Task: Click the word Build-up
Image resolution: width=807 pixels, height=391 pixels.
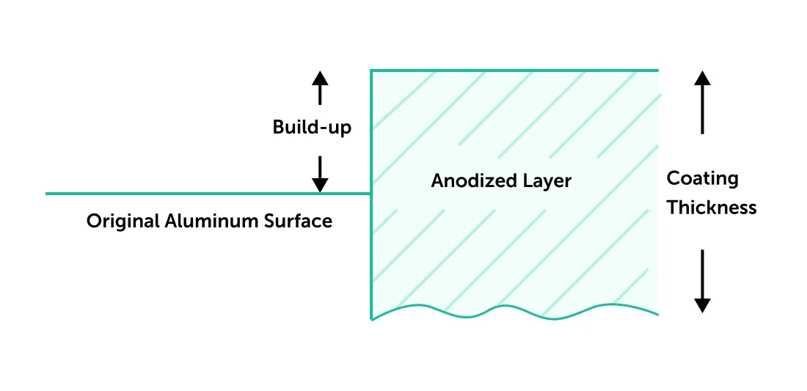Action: [x=312, y=128]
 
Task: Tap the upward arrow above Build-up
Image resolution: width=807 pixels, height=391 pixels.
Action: [x=320, y=88]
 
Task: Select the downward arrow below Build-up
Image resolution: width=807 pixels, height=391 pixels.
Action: [x=320, y=173]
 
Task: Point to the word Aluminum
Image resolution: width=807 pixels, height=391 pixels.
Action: [x=202, y=221]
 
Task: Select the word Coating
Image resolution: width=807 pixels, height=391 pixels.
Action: [x=702, y=179]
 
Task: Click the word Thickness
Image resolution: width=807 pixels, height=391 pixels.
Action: [x=711, y=208]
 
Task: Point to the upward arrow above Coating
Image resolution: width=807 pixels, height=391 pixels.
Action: [x=703, y=102]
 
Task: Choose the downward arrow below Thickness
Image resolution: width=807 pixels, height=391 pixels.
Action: [x=703, y=281]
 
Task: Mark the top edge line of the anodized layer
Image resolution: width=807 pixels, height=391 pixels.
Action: [x=514, y=70]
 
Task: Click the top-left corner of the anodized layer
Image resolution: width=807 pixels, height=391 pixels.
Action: [x=371, y=70]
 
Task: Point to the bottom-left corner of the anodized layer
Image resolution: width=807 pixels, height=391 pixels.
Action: [x=372, y=319]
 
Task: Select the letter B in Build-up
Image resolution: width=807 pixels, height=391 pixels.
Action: [x=278, y=127]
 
